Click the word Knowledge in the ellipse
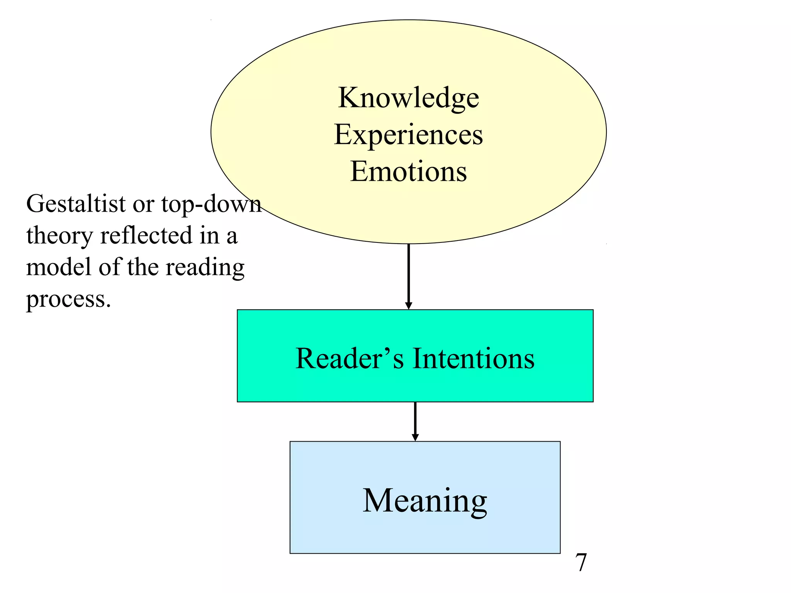pos(408,98)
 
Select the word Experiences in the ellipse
pos(408,135)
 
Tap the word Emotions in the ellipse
pos(408,171)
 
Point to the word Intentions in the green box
pos(474,359)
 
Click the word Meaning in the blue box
pos(425,501)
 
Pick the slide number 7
pos(581,563)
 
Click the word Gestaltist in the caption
pos(76,204)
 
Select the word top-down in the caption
pos(211,204)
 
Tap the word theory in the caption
pos(59,236)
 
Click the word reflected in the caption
pos(146,235)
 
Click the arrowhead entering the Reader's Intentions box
pos(409,306)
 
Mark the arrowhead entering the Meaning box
pos(415,437)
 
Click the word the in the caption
pos(143,267)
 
